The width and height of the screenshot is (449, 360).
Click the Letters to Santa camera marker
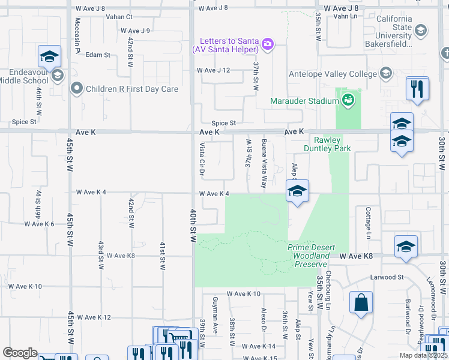(x=268, y=43)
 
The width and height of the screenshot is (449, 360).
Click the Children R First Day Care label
(x=132, y=89)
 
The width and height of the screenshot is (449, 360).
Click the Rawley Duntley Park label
(x=326, y=143)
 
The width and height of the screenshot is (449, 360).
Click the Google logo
(x=20, y=353)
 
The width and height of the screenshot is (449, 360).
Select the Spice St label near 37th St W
(x=223, y=123)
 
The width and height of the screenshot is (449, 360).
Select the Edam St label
(x=98, y=55)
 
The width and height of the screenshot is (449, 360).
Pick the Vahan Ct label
(x=119, y=17)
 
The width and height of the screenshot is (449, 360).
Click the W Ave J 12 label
(x=213, y=70)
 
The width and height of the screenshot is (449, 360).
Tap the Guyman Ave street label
(x=215, y=311)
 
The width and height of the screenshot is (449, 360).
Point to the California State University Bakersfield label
(x=394, y=27)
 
